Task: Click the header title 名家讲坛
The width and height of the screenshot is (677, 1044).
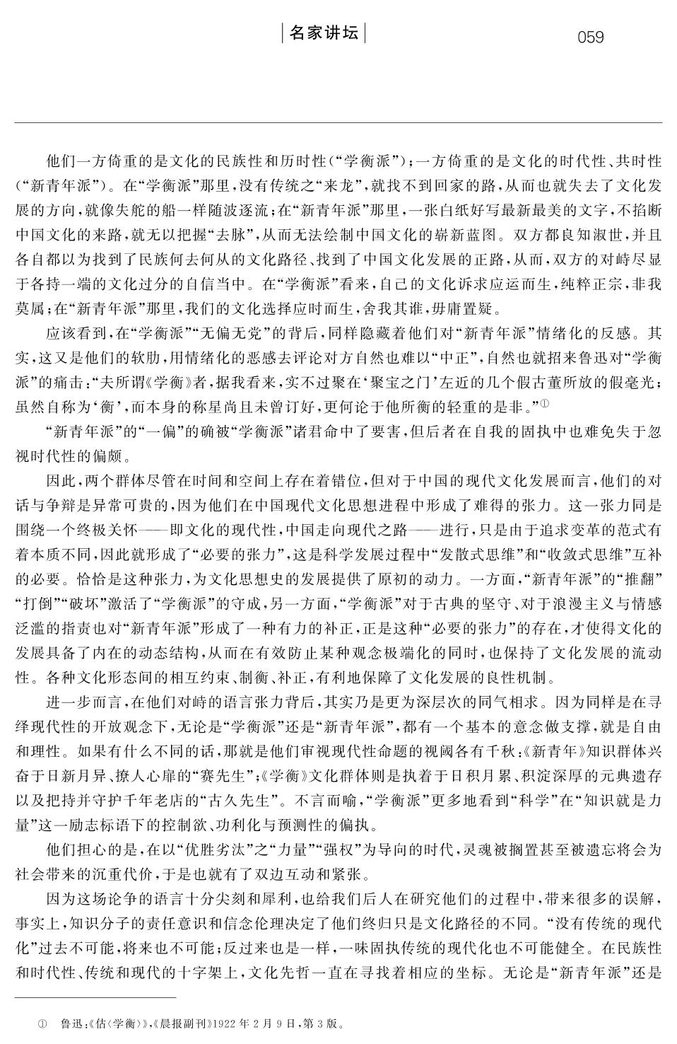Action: point(324,33)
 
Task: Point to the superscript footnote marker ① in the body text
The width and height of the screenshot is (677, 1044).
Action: point(544,402)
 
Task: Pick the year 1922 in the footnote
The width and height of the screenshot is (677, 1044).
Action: point(224,1023)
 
